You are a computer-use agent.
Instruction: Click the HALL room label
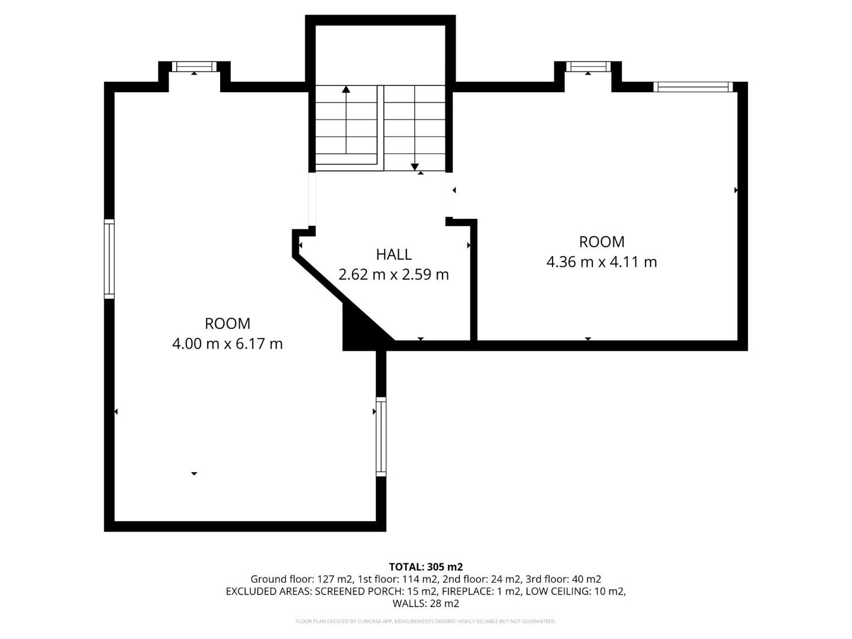pos(393,254)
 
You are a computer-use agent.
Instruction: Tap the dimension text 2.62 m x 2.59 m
pos(393,275)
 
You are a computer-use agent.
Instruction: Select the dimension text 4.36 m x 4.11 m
pos(601,262)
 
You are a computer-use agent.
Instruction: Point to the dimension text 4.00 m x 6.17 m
pos(227,343)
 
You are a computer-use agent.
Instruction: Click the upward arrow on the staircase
pos(346,90)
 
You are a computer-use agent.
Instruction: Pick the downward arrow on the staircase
pos(415,166)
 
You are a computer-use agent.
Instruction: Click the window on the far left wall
pos(109,258)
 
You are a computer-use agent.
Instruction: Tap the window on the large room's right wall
pos(381,437)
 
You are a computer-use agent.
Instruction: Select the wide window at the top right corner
pos(693,87)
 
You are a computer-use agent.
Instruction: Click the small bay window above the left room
pos(195,66)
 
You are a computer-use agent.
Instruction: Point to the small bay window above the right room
pos(588,66)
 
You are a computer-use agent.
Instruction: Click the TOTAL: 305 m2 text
pos(425,567)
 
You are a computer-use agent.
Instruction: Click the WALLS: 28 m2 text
pos(425,603)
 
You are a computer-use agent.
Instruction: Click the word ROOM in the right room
pos(601,242)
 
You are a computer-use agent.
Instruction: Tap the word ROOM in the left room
pos(227,324)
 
